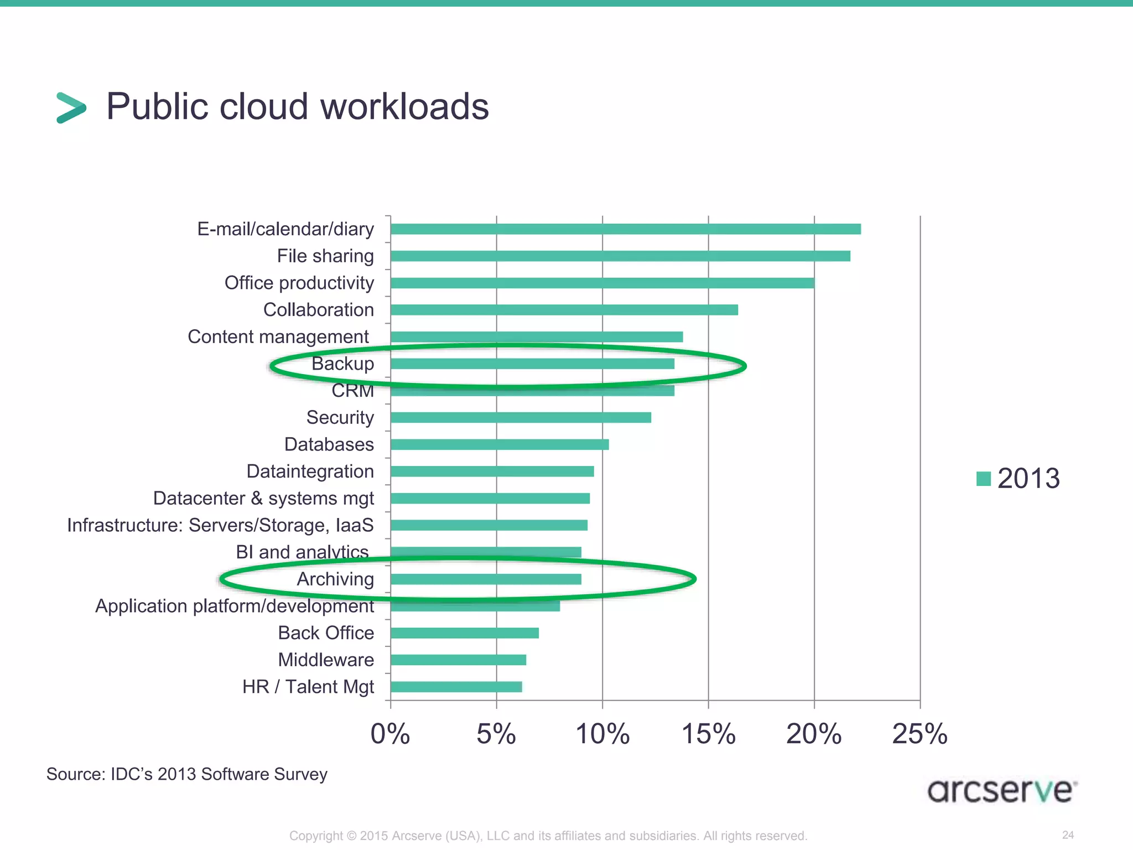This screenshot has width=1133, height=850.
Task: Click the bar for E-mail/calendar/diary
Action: tap(625, 229)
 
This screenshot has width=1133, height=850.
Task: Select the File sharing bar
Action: tap(620, 256)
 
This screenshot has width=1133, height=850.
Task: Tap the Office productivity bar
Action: tap(602, 283)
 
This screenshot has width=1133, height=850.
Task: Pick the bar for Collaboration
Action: tap(564, 310)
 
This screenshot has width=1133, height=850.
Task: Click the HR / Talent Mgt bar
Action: tap(456, 687)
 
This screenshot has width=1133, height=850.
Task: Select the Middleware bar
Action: tap(458, 660)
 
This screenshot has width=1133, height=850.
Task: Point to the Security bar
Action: tap(521, 417)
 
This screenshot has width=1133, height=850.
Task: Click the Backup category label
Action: tap(342, 364)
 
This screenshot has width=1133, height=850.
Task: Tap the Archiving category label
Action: tap(335, 579)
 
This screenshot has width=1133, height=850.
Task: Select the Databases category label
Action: tap(329, 444)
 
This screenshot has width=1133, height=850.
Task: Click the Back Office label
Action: tap(326, 633)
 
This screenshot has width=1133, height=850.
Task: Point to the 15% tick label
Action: tap(708, 734)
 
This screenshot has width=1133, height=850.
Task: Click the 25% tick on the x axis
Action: tap(919, 734)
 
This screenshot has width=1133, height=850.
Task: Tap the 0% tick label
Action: tap(390, 734)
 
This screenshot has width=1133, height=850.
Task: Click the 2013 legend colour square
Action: tap(983, 479)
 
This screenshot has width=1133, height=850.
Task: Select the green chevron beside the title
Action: tap(71, 107)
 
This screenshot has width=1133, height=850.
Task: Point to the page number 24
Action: tap(1068, 835)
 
